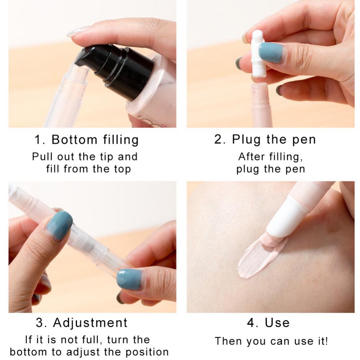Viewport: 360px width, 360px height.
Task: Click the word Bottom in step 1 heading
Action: pyautogui.click(x=75, y=139)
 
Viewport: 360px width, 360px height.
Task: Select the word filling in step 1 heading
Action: pyautogui.click(x=121, y=140)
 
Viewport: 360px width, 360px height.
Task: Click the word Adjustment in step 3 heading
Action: pyautogui.click(x=90, y=323)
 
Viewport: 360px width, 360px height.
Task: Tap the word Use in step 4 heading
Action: pyautogui.click(x=277, y=323)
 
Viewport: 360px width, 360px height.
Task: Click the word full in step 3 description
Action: pyautogui.click(x=93, y=339)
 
